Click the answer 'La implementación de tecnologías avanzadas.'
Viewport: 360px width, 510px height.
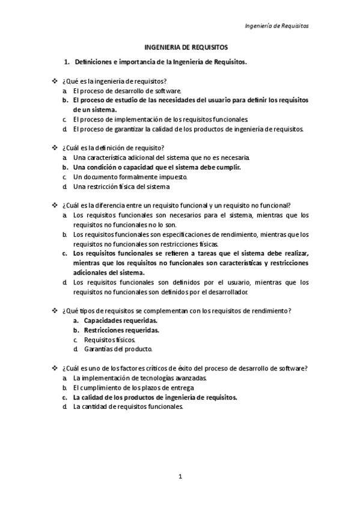tap(139, 378)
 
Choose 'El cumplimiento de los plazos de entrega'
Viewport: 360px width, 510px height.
tap(133, 388)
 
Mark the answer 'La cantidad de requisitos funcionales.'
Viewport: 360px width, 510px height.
tap(127, 407)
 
